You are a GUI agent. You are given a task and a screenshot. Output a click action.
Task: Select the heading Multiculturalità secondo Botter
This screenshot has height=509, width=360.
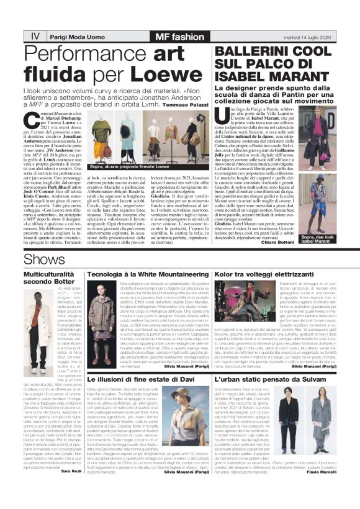50,277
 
